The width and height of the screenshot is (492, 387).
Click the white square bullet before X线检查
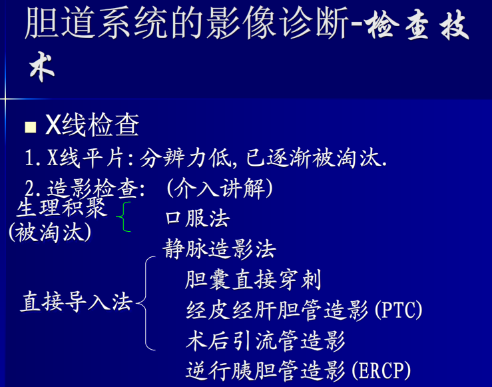point(30,127)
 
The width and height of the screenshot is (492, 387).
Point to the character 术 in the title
point(41,69)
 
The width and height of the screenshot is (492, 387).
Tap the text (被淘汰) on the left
point(50,232)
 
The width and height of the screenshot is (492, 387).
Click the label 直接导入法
point(77,302)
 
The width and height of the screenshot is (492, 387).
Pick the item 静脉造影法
point(220,249)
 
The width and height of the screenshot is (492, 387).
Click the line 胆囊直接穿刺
point(254,280)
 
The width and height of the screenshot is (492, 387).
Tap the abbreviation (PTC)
point(399,310)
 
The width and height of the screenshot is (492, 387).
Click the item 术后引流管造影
point(266,340)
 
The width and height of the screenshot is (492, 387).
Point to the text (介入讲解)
point(220,189)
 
